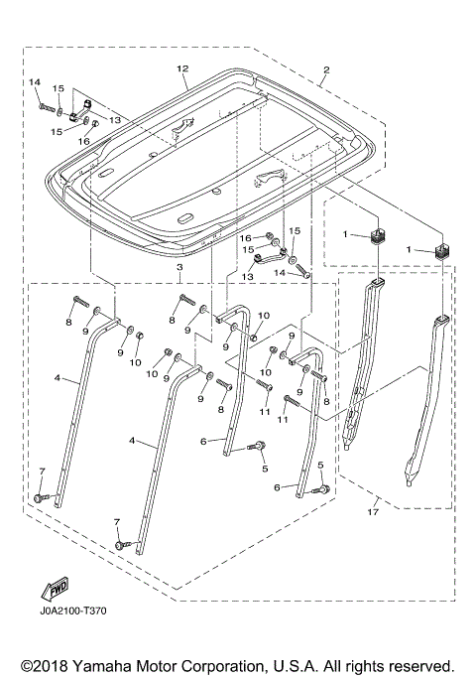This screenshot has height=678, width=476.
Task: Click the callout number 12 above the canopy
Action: coord(181,68)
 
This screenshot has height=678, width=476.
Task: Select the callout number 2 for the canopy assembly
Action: coord(326,70)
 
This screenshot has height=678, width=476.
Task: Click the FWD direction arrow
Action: coord(50,590)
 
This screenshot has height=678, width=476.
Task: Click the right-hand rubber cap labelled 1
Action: coord(441,247)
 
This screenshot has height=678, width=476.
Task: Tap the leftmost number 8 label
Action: coord(69,323)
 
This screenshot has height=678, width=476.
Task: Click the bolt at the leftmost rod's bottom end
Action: coord(39,495)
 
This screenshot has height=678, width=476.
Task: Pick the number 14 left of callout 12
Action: coord(34,81)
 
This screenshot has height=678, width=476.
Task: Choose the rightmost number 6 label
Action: coord(289,487)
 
